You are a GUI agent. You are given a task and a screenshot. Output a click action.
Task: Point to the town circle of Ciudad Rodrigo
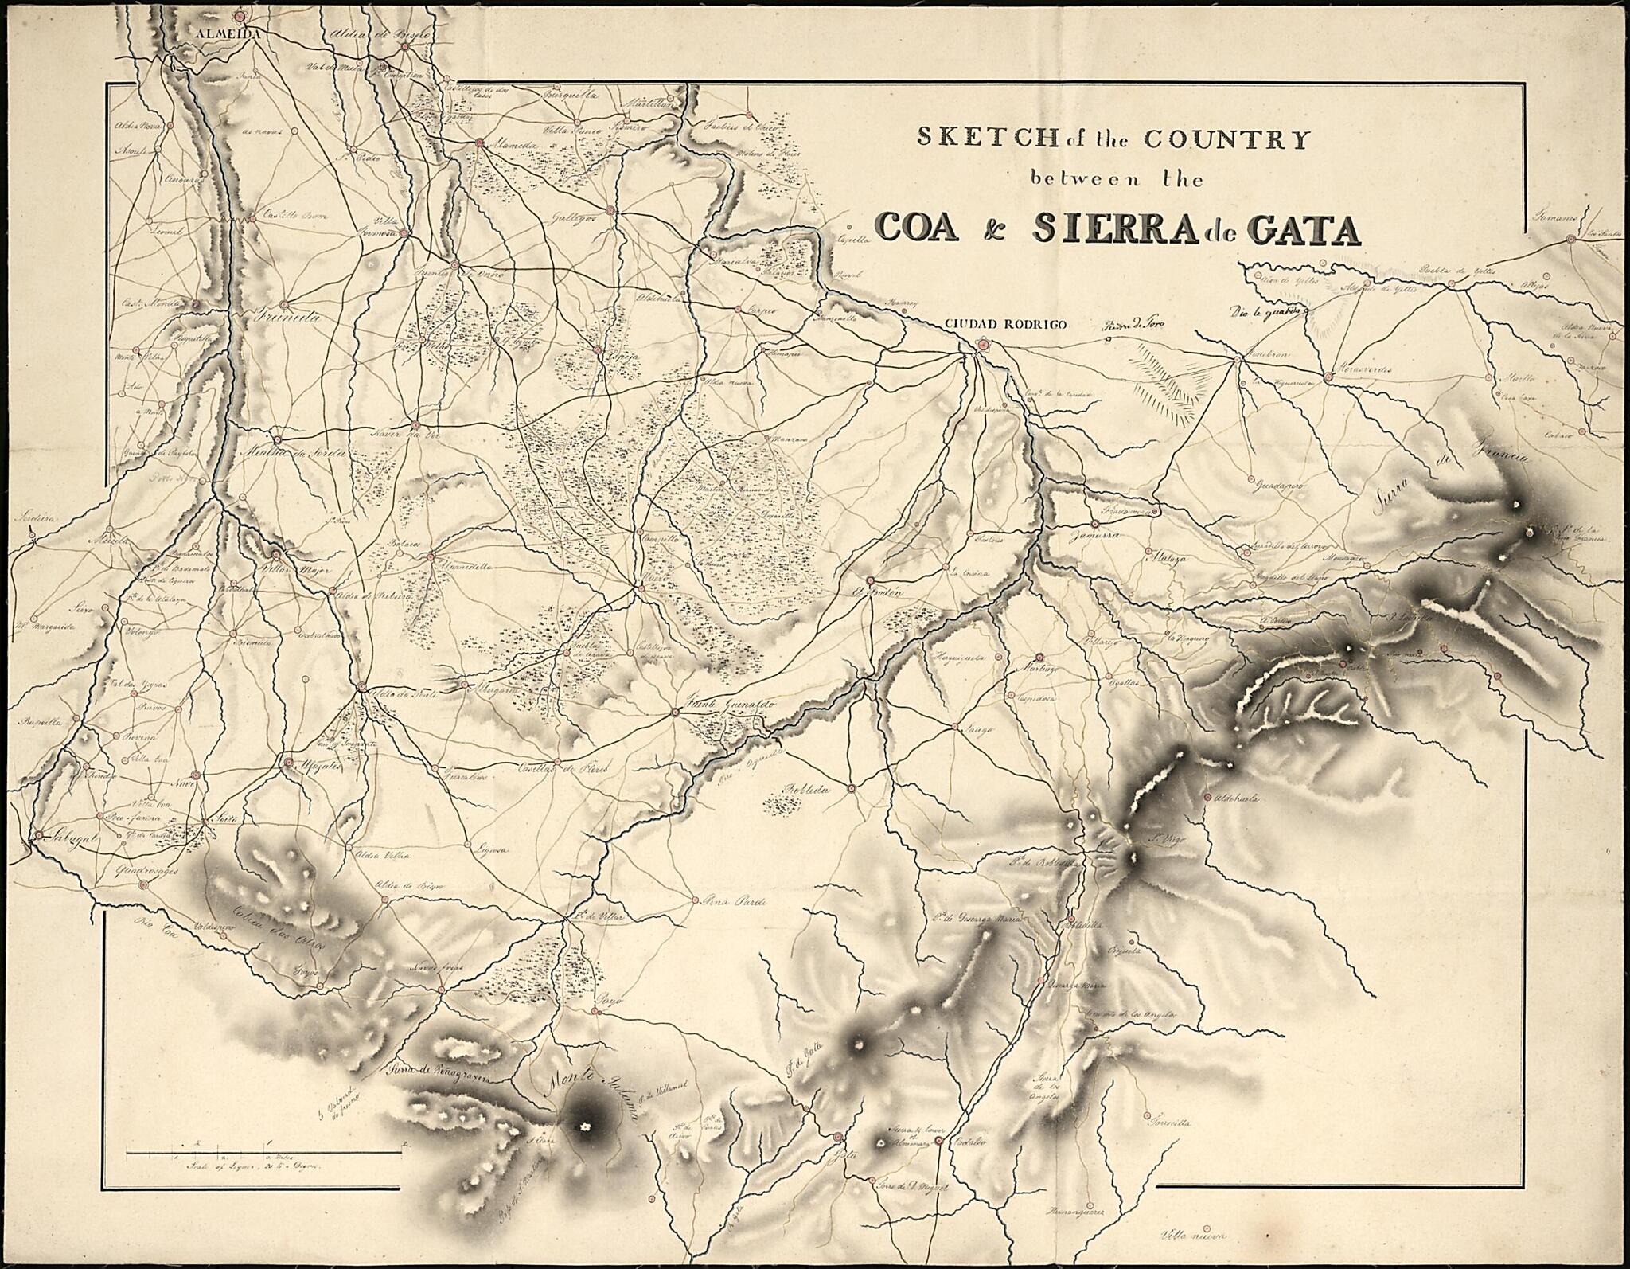pyautogui.click(x=983, y=345)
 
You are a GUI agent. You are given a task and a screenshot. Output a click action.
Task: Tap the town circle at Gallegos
pyautogui.click(x=610, y=210)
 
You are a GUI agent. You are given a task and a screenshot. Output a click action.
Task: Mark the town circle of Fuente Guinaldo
pyautogui.click(x=675, y=712)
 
